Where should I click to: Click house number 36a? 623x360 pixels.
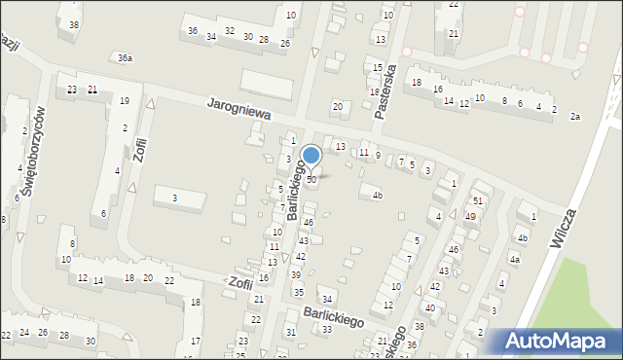tap(125, 58)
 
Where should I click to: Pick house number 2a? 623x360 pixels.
tap(575, 117)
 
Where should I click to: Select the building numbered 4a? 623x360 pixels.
tap(514, 260)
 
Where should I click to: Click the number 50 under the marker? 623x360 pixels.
tap(311, 180)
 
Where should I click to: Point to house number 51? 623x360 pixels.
tap(478, 200)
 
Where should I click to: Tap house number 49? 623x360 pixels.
tap(470, 216)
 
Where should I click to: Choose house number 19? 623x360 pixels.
tap(124, 101)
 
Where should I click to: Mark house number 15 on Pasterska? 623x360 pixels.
tap(378, 67)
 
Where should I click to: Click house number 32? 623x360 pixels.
tap(229, 31)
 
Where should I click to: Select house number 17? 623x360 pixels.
tap(195, 341)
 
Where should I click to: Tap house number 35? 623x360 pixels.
tap(298, 292)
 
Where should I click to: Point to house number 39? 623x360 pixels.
tap(295, 275)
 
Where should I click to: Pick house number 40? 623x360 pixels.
tap(429, 307)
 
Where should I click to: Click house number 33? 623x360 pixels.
tap(327, 330)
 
